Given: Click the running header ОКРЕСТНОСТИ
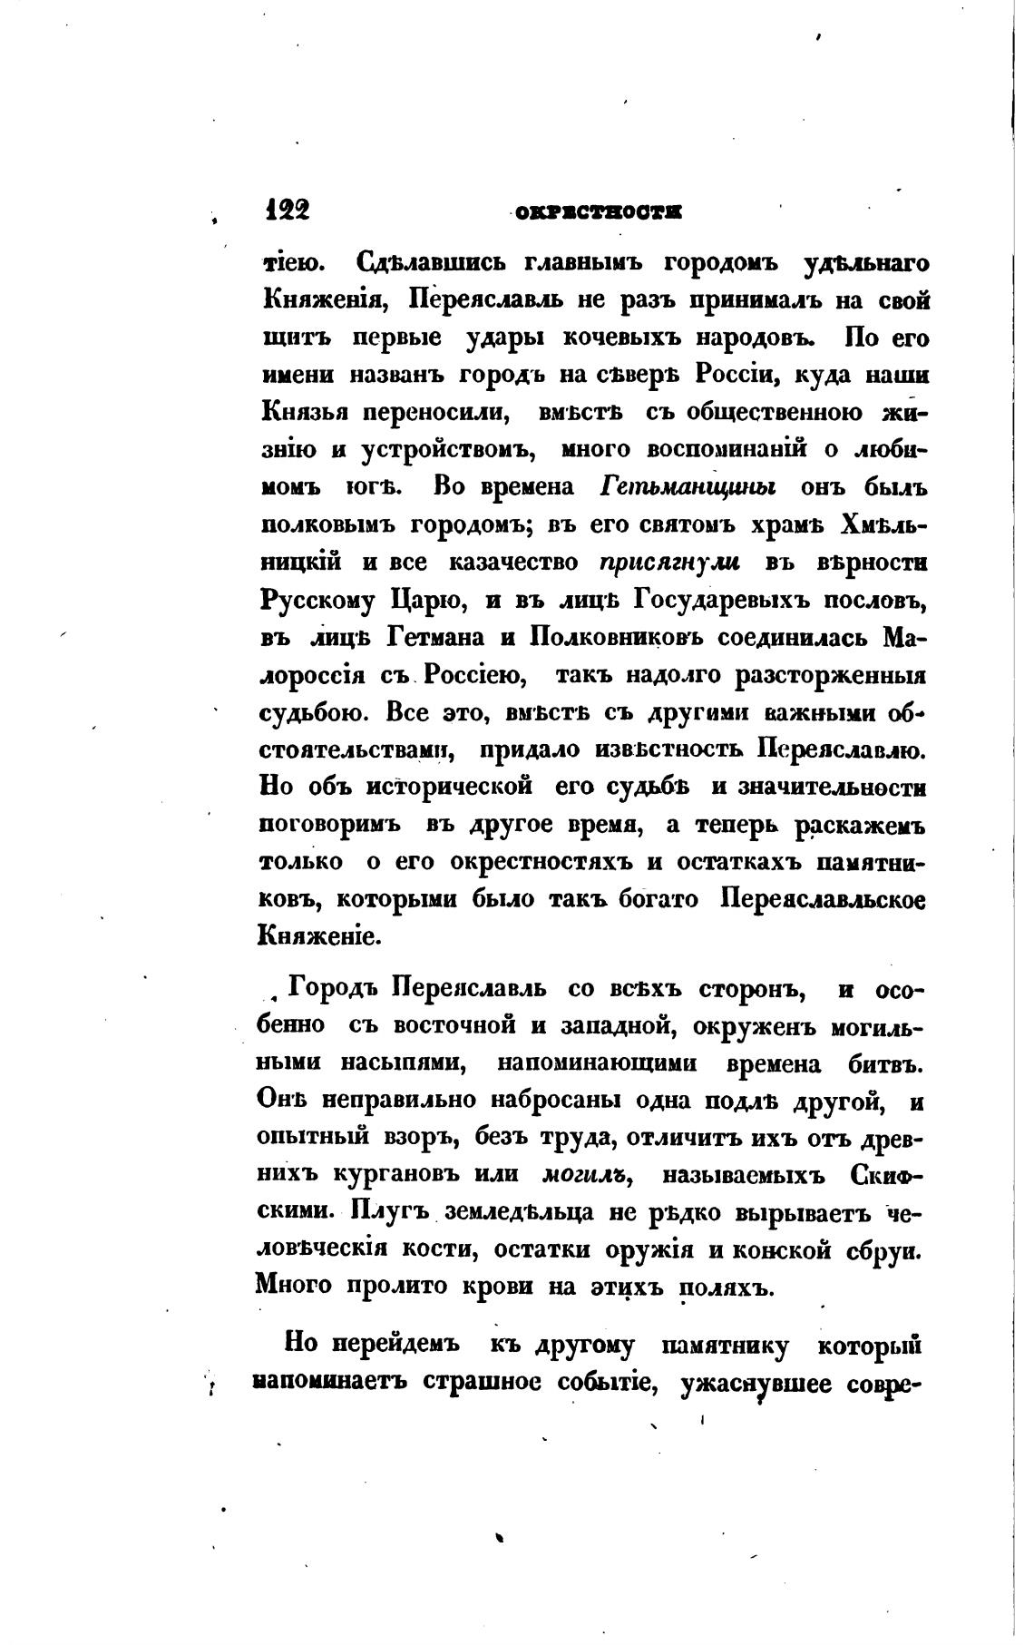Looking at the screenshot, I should (598, 212).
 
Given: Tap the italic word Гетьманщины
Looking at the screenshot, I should (688, 487).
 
